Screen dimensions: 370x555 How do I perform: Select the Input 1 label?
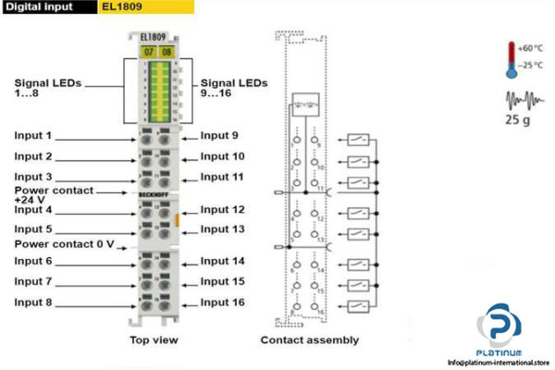pos(33,135)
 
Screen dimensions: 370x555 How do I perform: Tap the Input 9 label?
pos(220,135)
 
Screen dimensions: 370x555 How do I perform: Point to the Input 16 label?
pos(223,302)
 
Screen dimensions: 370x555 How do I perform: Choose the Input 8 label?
pos(33,302)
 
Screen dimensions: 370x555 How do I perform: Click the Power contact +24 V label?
pos(53,194)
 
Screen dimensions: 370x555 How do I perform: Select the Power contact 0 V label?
pos(64,244)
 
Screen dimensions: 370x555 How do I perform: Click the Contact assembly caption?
pos(309,340)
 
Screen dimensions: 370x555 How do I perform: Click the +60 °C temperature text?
pos(533,46)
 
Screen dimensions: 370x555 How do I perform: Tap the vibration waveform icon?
pos(522,98)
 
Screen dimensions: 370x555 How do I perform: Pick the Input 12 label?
pos(223,210)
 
